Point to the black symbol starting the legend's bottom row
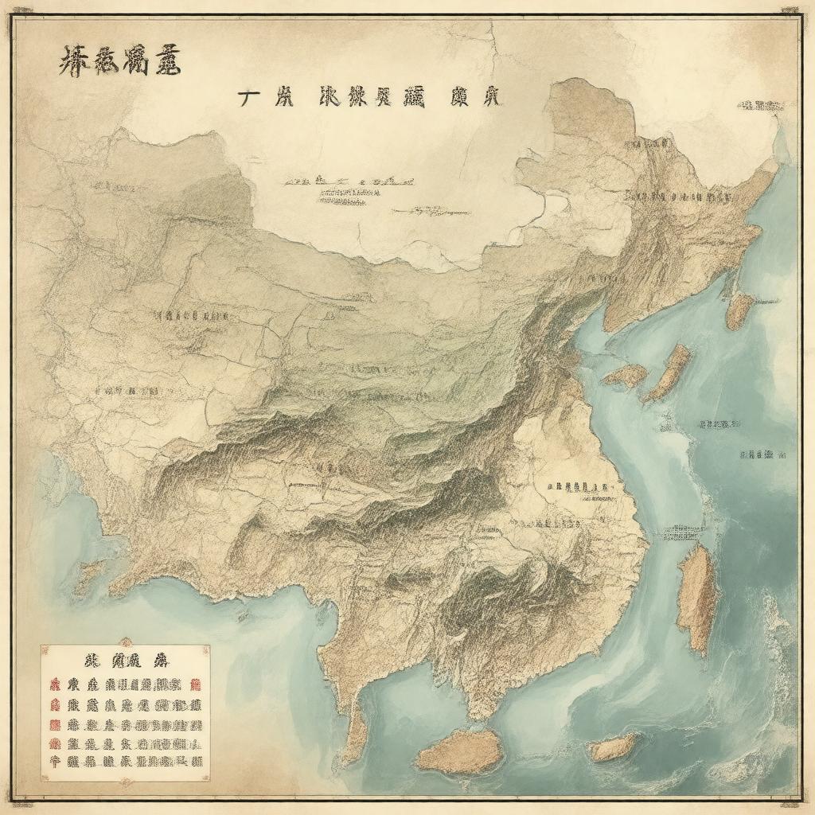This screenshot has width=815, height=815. point(55,762)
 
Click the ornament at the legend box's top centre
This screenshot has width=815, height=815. point(125,642)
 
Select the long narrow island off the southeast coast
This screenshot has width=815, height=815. point(697,597)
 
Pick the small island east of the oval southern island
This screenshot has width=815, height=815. point(613,747)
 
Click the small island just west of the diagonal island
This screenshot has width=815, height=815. point(626,376)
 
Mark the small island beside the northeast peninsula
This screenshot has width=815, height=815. point(739,310)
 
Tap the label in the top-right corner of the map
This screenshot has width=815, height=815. point(760,105)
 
